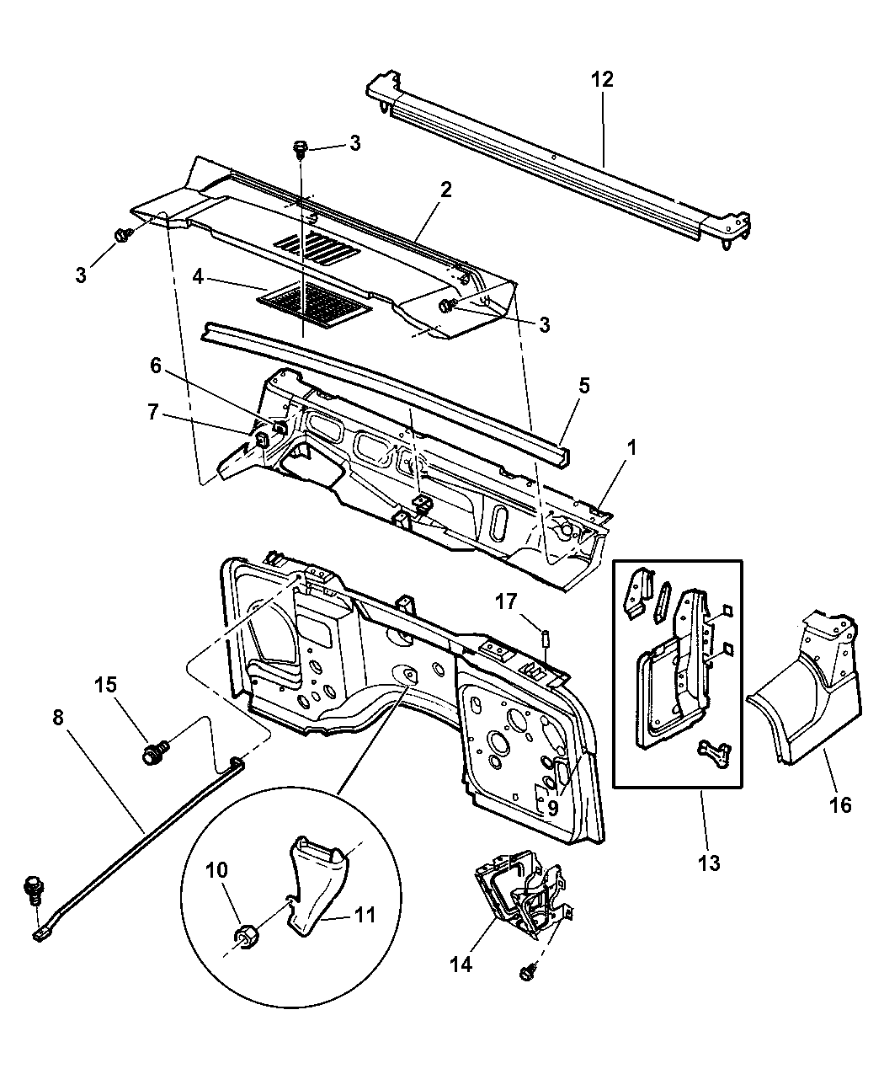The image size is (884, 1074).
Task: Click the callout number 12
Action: coord(602,80)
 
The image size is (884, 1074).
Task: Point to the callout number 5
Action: coord(583,386)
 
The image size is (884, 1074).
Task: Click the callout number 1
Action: coord(631,446)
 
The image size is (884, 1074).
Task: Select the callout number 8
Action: coord(57,719)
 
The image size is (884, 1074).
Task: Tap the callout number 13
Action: coord(709,863)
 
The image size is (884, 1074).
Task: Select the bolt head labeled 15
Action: coord(154,751)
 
